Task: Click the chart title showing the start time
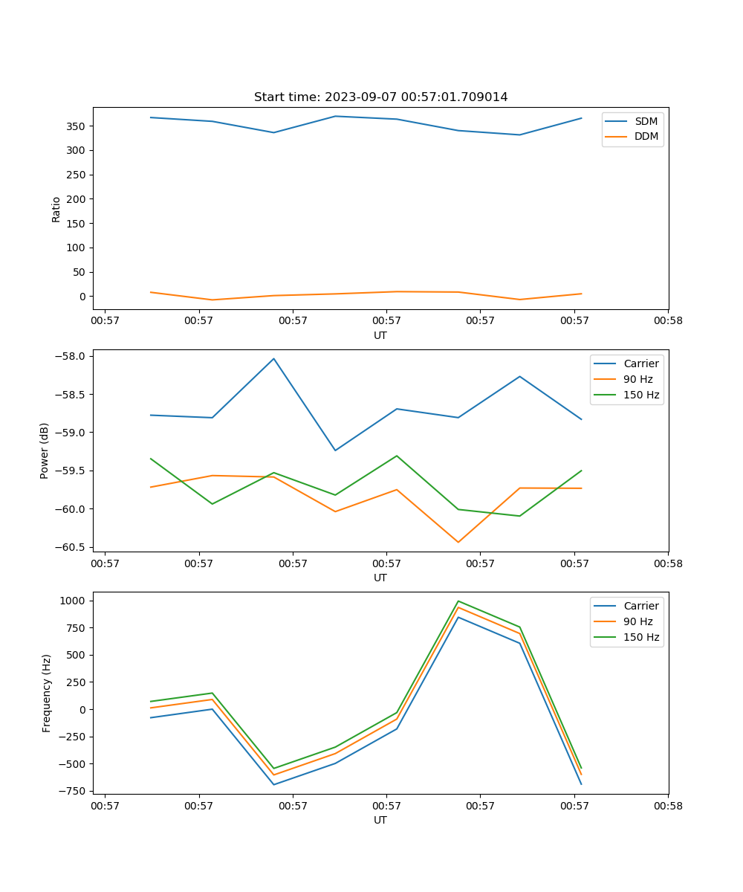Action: (x=380, y=97)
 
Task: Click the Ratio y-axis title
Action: (x=56, y=209)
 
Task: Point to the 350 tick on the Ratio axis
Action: (x=77, y=126)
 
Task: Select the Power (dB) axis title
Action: (x=45, y=450)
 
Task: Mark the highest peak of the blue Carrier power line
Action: (x=273, y=358)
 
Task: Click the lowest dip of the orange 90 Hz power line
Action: (x=458, y=542)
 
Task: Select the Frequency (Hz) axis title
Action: (x=46, y=693)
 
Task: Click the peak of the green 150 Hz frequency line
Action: (x=458, y=601)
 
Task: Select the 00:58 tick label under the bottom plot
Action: (x=667, y=805)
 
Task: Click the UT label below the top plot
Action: (x=380, y=335)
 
